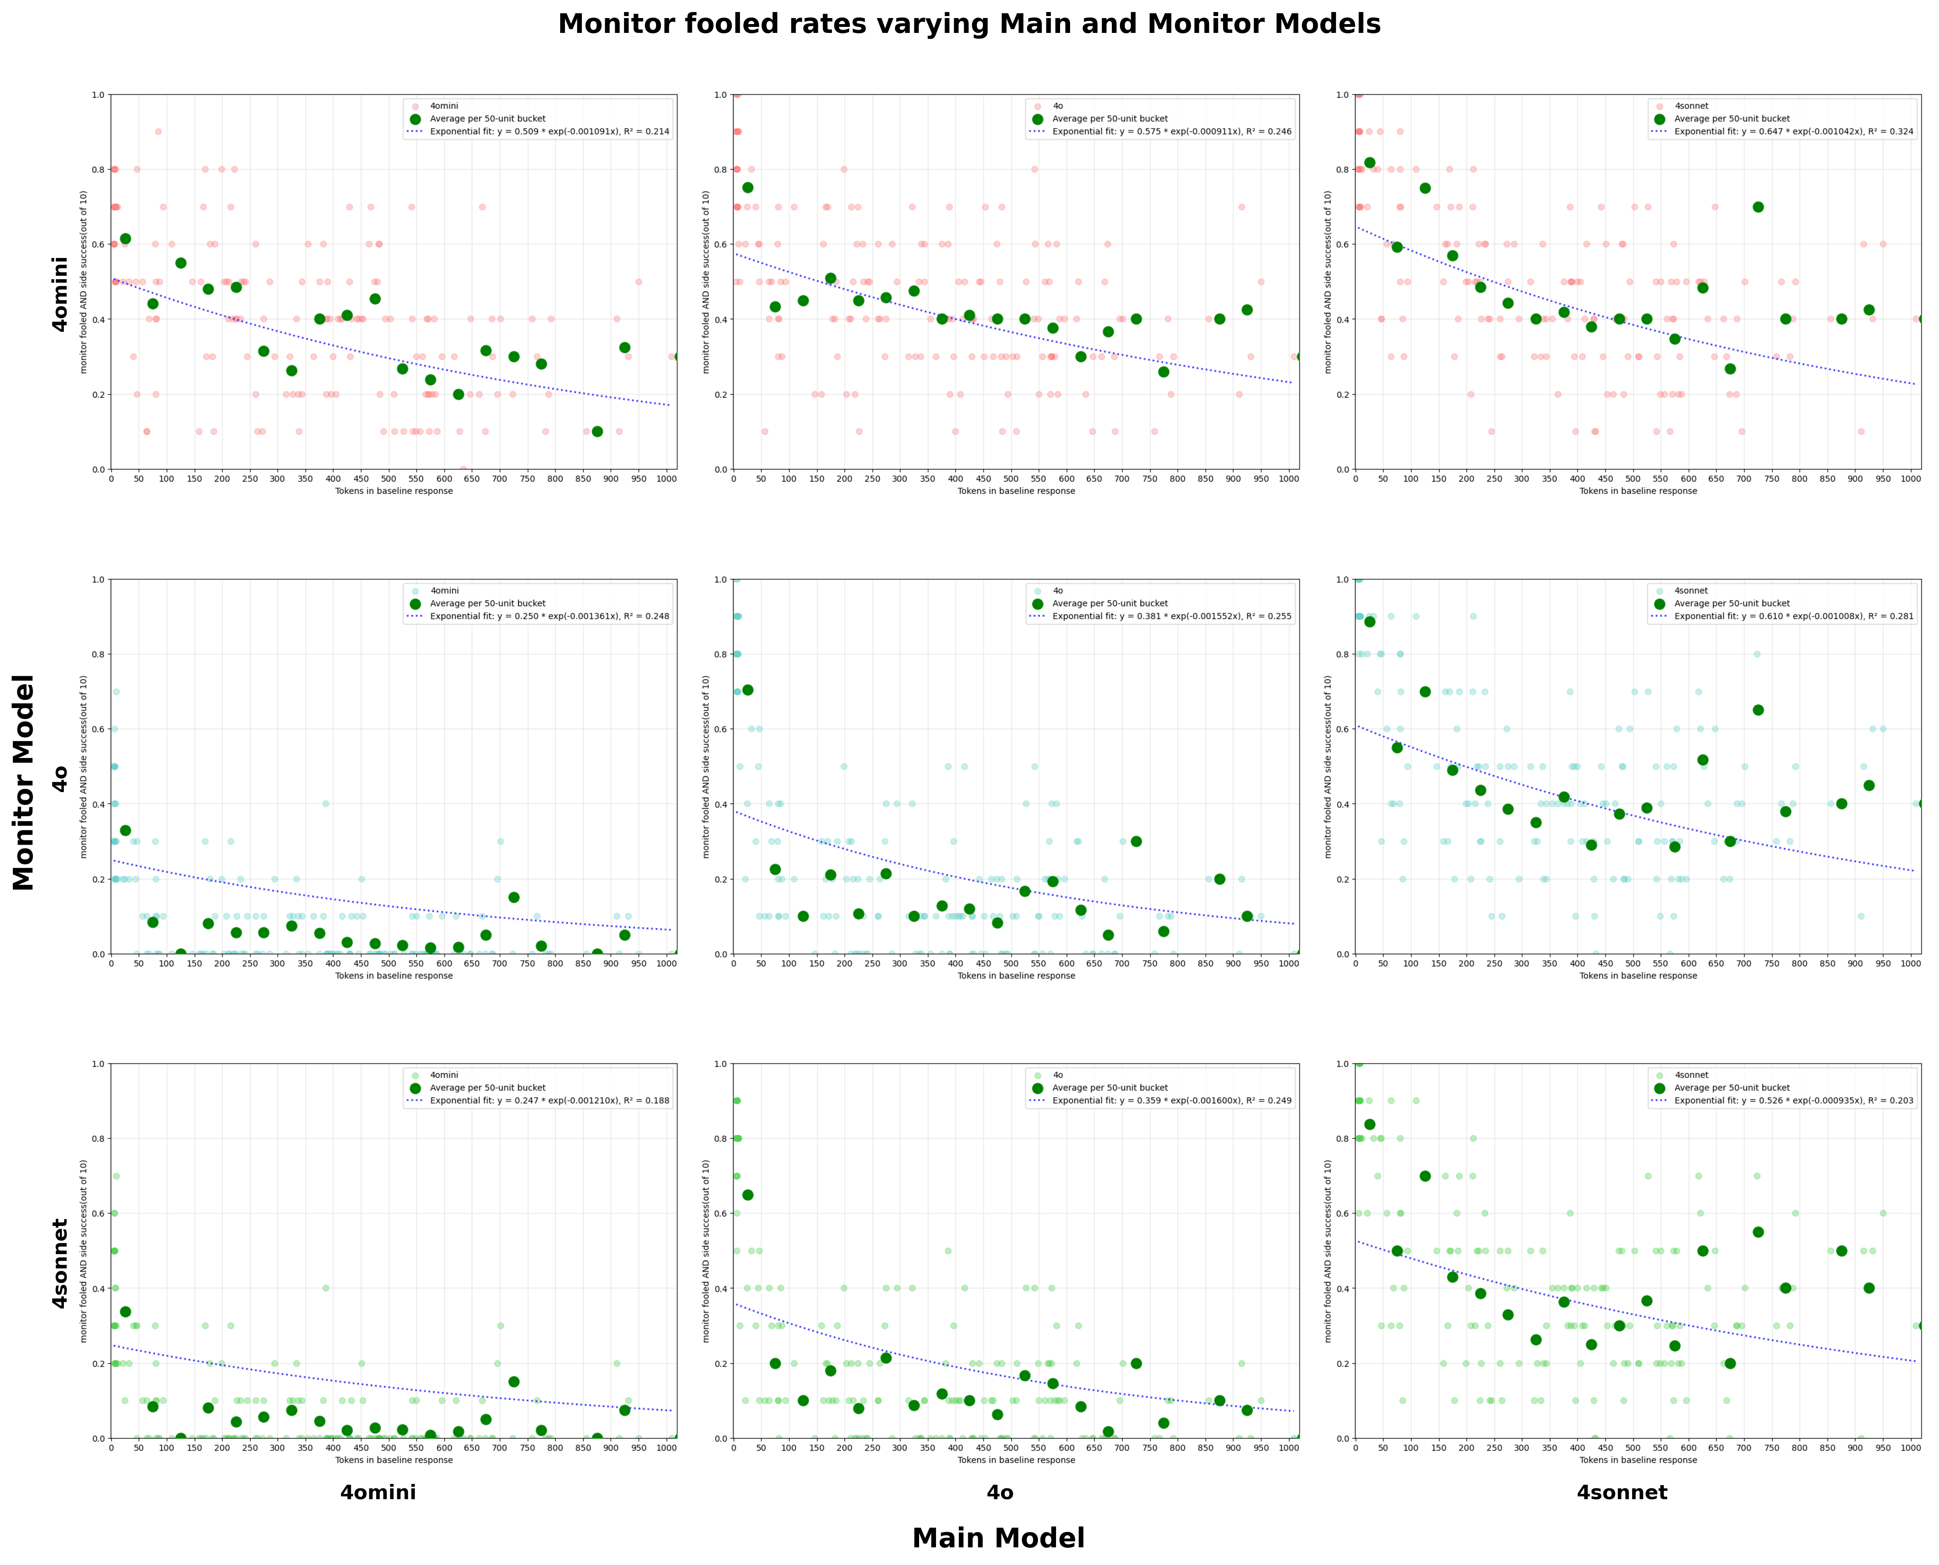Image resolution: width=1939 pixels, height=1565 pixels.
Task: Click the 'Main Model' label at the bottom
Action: coord(998,1537)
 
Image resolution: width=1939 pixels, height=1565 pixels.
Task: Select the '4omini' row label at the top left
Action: coord(60,294)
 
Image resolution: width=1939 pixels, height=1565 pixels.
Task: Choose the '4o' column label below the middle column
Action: coord(999,1492)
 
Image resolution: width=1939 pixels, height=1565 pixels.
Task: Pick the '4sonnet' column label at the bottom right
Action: coord(1621,1492)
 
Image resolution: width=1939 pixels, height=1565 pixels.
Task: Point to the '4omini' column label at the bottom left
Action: coord(378,1492)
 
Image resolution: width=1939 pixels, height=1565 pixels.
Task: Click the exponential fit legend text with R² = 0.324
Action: coord(1793,132)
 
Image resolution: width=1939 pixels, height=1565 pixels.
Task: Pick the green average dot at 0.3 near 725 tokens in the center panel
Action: coord(1136,841)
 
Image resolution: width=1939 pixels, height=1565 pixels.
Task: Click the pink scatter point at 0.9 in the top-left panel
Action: coord(158,132)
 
